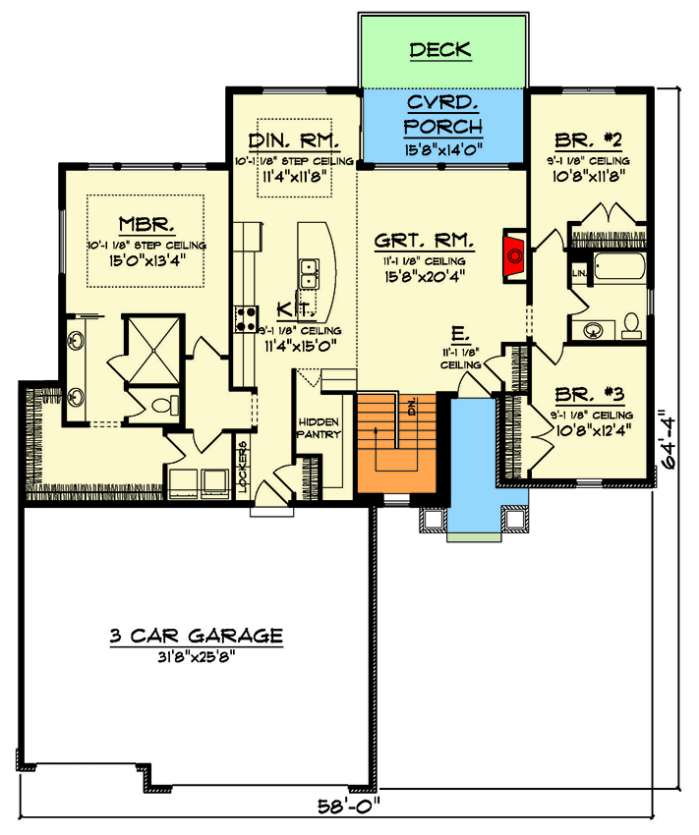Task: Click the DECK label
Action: point(440,49)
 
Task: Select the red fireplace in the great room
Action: point(514,254)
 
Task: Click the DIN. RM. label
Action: point(293,139)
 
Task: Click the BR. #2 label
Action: point(590,139)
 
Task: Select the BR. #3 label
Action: point(590,393)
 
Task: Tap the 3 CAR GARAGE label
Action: point(196,636)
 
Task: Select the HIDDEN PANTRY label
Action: point(319,427)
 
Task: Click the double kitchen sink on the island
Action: point(309,266)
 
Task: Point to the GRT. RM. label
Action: point(425,240)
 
